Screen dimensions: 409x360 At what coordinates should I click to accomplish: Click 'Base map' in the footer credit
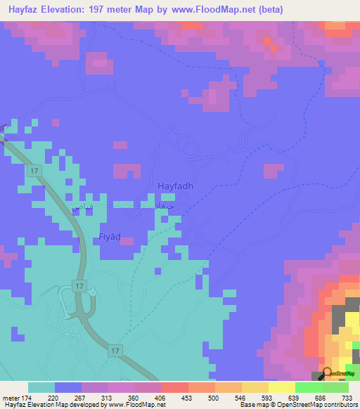click(x=251, y=405)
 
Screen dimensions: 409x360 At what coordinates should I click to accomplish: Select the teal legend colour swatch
click(x=41, y=387)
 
